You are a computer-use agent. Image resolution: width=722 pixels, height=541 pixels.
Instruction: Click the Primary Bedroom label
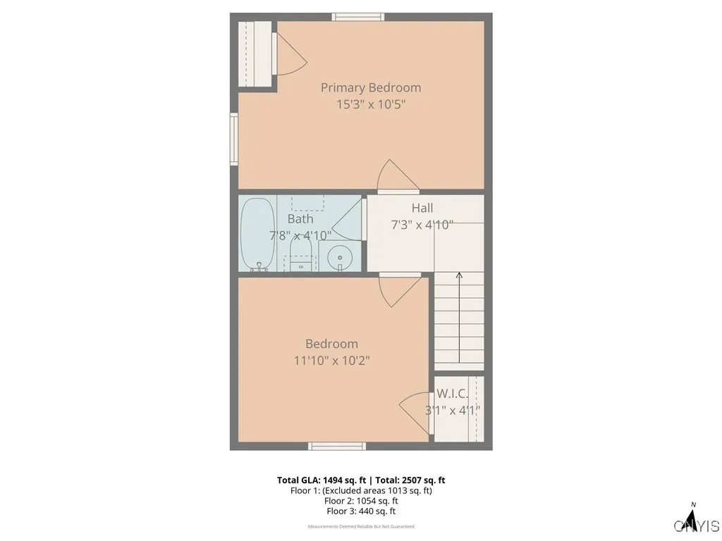371,87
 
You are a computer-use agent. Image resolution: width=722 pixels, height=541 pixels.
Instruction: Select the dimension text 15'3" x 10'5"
371,104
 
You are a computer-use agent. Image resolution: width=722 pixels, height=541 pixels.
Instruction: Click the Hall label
422,208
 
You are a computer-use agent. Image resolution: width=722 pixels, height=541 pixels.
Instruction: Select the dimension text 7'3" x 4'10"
422,225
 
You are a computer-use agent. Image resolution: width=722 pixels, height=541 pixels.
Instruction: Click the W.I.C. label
452,394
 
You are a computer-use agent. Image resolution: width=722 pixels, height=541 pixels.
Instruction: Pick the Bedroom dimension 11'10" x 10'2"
331,361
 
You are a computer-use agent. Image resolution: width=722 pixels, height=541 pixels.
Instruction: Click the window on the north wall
358,16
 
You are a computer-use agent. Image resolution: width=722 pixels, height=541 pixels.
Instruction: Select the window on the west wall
233,139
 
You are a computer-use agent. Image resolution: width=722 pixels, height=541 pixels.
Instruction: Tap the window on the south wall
337,446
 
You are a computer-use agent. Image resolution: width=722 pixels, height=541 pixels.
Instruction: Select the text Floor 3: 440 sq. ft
361,511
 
